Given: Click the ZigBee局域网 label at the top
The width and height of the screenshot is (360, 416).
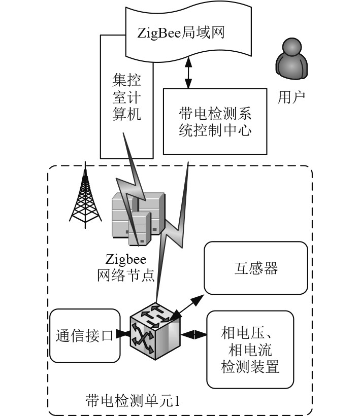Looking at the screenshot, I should click(181, 33).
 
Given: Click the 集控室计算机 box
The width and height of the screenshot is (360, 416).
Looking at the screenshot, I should click(126, 96).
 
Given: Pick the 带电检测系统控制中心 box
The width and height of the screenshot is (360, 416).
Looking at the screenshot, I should click(215, 122).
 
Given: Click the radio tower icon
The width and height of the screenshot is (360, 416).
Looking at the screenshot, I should click(85, 195).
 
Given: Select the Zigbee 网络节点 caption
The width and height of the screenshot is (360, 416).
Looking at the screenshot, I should click(126, 268).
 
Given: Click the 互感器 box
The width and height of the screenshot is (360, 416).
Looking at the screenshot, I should click(256, 267).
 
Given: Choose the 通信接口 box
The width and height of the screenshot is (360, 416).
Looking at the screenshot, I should click(85, 336).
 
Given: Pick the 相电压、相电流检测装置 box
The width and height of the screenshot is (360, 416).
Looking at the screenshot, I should click(250, 350).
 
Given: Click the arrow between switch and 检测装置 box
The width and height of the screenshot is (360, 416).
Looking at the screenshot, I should click(193, 335).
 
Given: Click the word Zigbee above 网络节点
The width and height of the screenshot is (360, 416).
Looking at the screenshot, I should click(126, 259).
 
